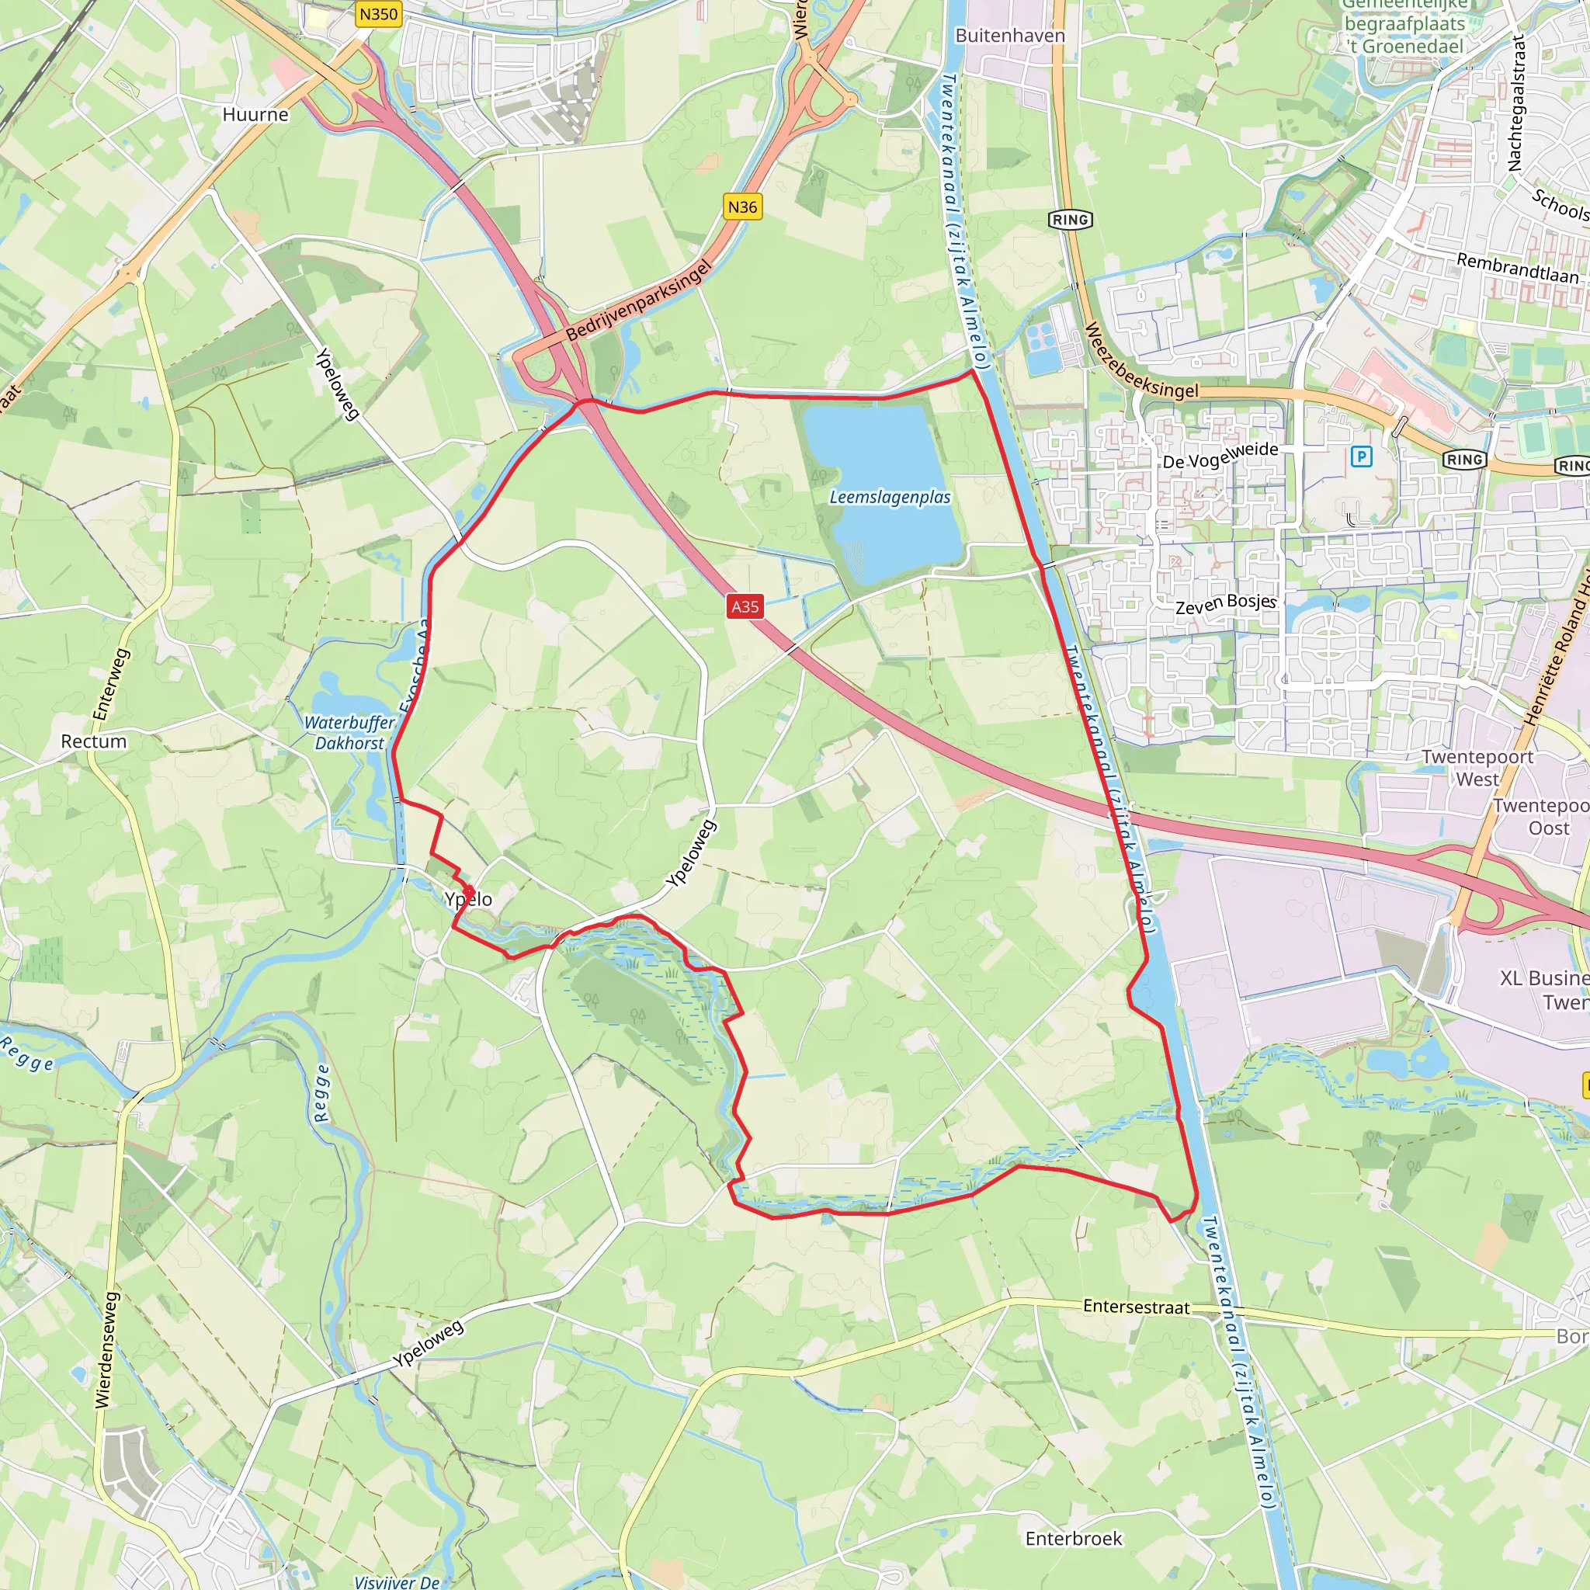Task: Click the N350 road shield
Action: pos(379,15)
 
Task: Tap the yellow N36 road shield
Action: pos(742,207)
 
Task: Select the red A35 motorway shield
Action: pos(745,606)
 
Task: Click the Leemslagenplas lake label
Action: pos(890,497)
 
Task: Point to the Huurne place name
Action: pos(255,114)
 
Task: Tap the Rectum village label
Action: pos(94,741)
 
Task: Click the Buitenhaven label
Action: pos(1010,36)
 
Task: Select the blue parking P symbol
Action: pos(1362,457)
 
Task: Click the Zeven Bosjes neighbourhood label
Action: pos(1225,604)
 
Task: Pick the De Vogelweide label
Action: pos(1220,455)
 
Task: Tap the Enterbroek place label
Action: pos(1073,1538)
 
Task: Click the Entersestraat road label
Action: pos(1136,1307)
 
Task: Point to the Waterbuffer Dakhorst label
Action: pos(350,732)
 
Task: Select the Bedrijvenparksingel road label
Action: pos(638,301)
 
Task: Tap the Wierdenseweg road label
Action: pos(108,1349)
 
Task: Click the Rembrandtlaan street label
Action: pos(1518,269)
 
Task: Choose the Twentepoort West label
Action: pos(1477,768)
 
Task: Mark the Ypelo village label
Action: pos(468,900)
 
